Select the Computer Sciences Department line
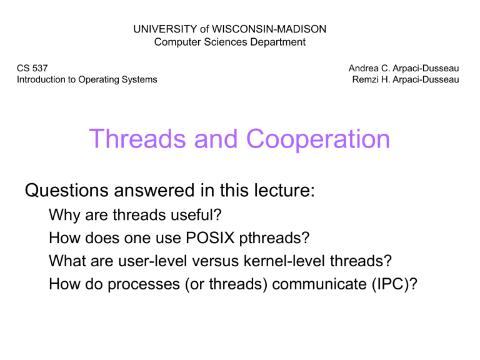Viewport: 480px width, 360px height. (230, 42)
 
